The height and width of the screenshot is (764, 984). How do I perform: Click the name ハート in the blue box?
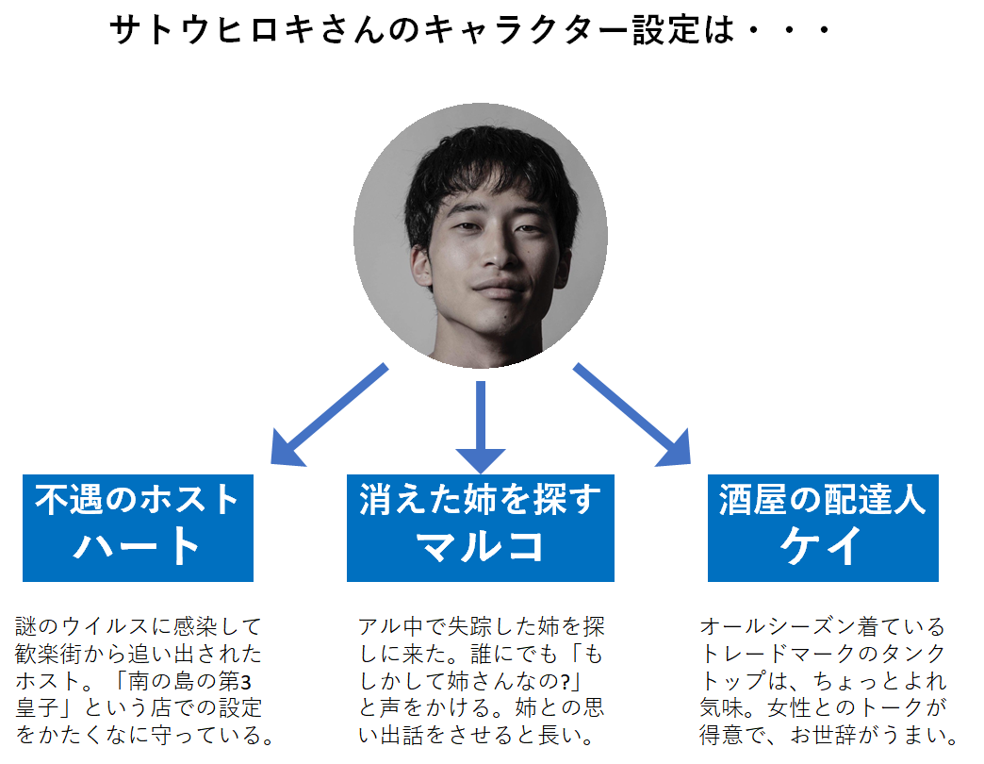tap(138, 546)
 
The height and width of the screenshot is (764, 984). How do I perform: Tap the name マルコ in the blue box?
tap(481, 546)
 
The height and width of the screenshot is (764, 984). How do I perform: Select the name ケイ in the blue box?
tap(822, 546)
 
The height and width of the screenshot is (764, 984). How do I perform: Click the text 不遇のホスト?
tap(138, 500)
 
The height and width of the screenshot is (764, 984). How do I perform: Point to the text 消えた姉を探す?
tap(481, 500)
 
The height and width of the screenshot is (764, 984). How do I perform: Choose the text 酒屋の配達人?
tap(822, 500)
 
